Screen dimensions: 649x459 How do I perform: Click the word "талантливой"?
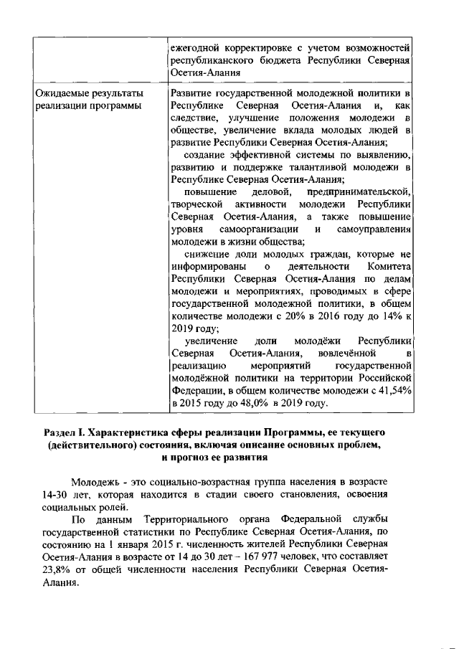[x=304, y=167]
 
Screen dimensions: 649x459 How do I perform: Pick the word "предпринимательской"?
[x=359, y=192]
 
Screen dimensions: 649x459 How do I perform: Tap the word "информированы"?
[x=207, y=266]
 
